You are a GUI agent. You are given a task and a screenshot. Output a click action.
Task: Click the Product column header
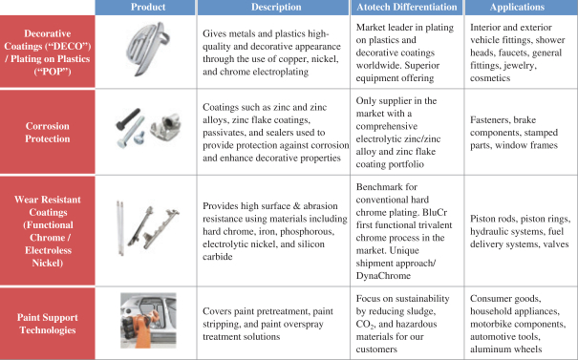click(148, 7)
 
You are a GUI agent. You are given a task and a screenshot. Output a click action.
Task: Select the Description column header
click(276, 7)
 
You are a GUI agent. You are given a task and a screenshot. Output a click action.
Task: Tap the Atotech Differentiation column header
click(407, 7)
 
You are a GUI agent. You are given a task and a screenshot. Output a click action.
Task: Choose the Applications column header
click(517, 7)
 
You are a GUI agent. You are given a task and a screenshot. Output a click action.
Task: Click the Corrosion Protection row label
click(48, 133)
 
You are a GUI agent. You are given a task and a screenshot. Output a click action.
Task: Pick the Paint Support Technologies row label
click(48, 324)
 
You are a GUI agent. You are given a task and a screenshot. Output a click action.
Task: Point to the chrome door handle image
click(147, 49)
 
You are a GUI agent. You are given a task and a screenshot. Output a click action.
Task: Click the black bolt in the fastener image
click(128, 118)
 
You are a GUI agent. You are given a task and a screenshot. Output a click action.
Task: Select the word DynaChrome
click(383, 276)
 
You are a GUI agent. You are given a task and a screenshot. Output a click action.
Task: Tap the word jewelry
click(521, 66)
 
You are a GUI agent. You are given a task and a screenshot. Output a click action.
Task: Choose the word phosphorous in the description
click(310, 232)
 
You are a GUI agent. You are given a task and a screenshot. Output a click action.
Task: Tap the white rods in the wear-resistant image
click(120, 227)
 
